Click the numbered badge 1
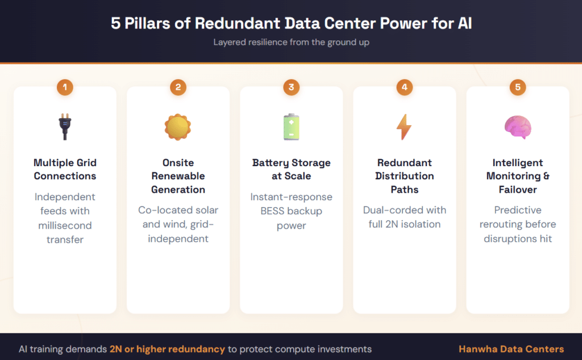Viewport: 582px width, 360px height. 65,87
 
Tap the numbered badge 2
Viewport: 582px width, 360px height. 178,87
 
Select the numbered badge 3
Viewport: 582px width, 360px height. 291,87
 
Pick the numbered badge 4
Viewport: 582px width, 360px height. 404,87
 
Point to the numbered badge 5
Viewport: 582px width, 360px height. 517,87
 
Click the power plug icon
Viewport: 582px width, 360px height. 65,127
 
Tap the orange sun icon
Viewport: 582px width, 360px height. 178,127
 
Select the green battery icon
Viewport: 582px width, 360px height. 291,127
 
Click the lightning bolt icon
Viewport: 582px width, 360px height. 404,127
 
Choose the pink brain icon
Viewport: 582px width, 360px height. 517,127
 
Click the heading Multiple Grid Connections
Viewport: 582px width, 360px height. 65,169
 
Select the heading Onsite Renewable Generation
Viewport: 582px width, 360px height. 178,176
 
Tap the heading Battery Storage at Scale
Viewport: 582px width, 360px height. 291,169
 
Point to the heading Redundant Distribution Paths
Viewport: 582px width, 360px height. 404,176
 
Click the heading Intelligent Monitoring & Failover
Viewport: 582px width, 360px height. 517,176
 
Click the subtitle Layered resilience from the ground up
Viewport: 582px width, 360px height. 291,42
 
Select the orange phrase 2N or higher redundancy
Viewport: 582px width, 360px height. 168,349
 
